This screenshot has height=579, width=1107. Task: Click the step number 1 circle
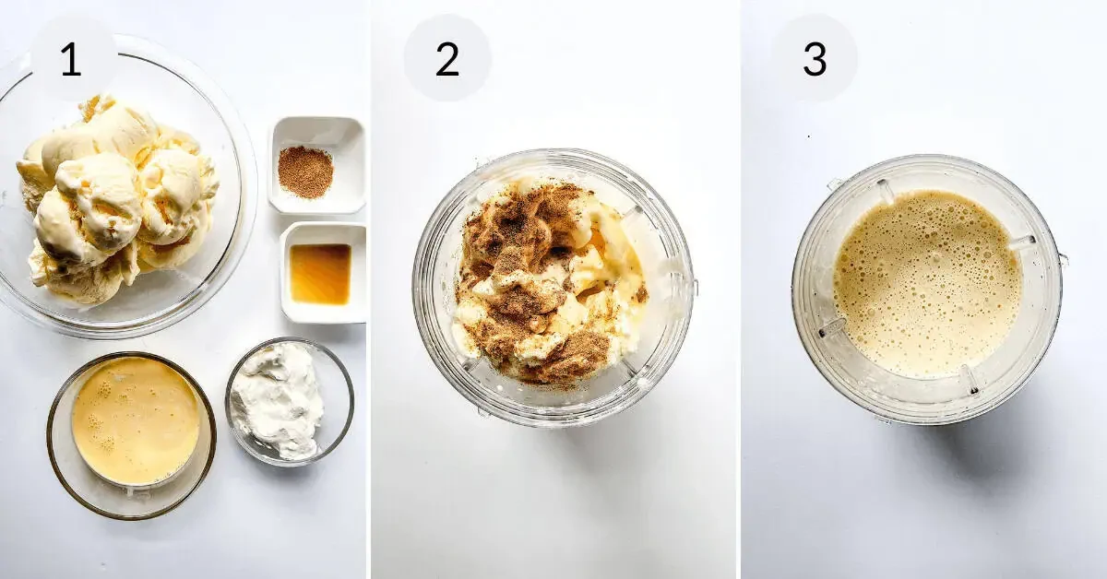point(72,59)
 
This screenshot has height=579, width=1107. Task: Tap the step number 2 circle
point(447,59)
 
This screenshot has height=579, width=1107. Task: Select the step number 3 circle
point(814,59)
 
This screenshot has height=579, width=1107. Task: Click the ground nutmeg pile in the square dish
point(305,172)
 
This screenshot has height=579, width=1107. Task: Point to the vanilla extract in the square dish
point(320,274)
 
